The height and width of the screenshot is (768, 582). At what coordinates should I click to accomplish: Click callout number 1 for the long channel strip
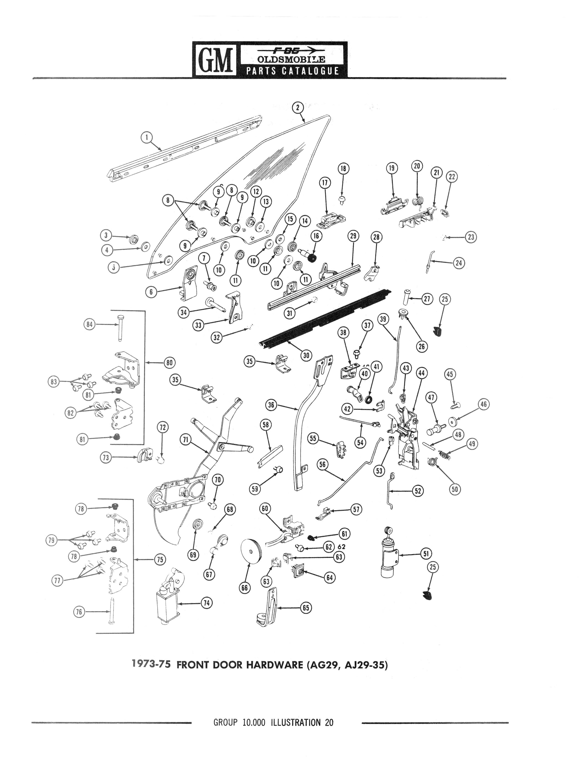pos(147,137)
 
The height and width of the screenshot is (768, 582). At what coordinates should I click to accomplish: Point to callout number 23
pos(471,237)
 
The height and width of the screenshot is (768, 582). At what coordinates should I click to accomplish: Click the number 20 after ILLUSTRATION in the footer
pos(329,723)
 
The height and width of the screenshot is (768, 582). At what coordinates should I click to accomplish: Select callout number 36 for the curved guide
pos(271,405)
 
